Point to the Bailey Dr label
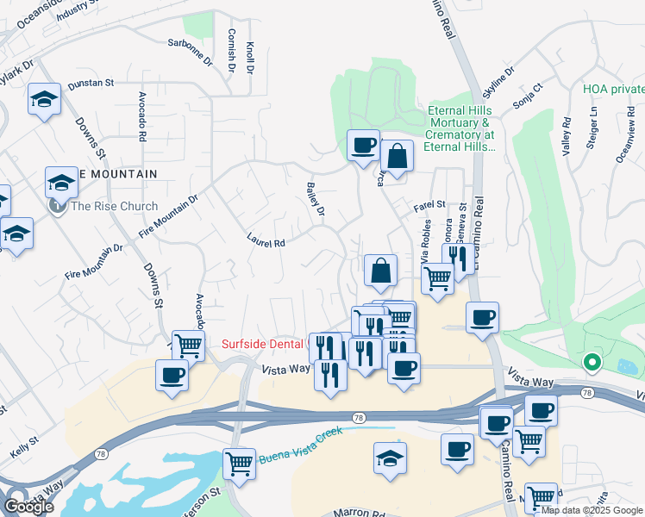click(316, 199)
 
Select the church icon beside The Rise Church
click(58, 206)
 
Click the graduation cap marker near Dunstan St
click(42, 100)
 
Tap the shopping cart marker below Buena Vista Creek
click(239, 463)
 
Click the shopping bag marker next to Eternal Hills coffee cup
click(397, 157)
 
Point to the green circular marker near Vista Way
click(592, 362)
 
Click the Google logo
click(28, 507)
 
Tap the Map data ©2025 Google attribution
click(592, 510)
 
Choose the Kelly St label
click(23, 445)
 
